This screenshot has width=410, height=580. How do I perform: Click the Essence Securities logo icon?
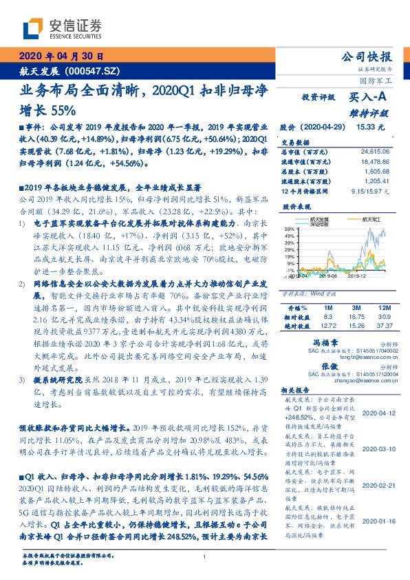tap(33, 29)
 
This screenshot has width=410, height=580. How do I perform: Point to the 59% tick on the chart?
tap(289, 227)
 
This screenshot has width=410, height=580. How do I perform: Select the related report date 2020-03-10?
tap(377, 449)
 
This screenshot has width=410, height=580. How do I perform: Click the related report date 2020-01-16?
tap(377, 521)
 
